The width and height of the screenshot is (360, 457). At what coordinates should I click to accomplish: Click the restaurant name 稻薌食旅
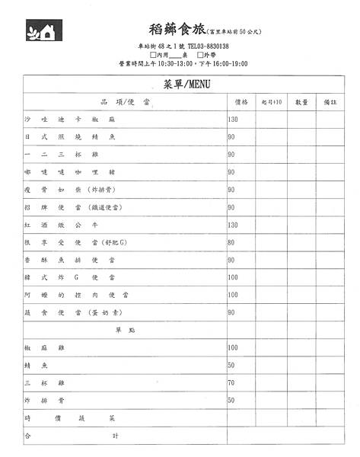(177, 30)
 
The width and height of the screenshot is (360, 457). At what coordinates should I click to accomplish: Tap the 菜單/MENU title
(186, 83)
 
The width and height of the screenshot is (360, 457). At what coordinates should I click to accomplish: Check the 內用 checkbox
(154, 55)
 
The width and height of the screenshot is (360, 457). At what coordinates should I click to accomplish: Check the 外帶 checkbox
(200, 55)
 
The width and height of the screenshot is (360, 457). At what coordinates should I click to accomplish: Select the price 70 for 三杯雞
(231, 382)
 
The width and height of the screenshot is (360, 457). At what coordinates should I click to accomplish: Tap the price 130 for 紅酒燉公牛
(233, 225)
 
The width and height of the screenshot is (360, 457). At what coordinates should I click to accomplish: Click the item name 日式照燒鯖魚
(69, 137)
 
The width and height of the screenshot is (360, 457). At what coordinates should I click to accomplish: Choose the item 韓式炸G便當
(69, 277)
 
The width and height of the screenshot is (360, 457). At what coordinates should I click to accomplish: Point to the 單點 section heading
(124, 330)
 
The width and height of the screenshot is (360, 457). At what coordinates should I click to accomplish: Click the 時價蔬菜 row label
(69, 418)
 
